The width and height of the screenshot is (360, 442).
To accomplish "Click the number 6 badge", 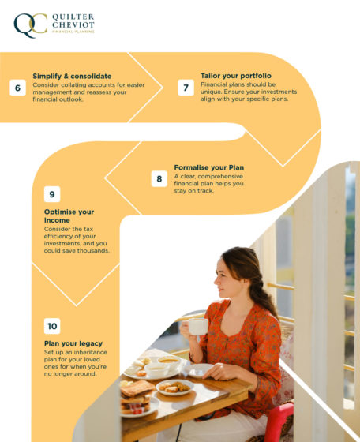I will (x=17, y=88).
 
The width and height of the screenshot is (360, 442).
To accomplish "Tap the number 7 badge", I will (x=186, y=88).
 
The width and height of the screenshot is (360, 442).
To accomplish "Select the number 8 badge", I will (x=159, y=179).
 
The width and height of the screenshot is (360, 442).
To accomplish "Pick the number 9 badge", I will (x=51, y=194).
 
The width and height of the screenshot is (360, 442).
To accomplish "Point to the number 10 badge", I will (x=51, y=326).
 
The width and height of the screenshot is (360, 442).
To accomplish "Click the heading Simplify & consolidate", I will (x=72, y=76).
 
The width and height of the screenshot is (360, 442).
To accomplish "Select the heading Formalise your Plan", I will (x=208, y=167).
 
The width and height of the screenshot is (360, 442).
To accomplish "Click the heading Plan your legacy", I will (x=73, y=343).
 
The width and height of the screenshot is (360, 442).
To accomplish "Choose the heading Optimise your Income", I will (x=69, y=216).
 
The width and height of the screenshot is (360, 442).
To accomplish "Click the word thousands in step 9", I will (x=93, y=250).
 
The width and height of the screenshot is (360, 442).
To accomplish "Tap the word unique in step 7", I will (x=212, y=92).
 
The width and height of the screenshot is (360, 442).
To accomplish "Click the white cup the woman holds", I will (x=197, y=326).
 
